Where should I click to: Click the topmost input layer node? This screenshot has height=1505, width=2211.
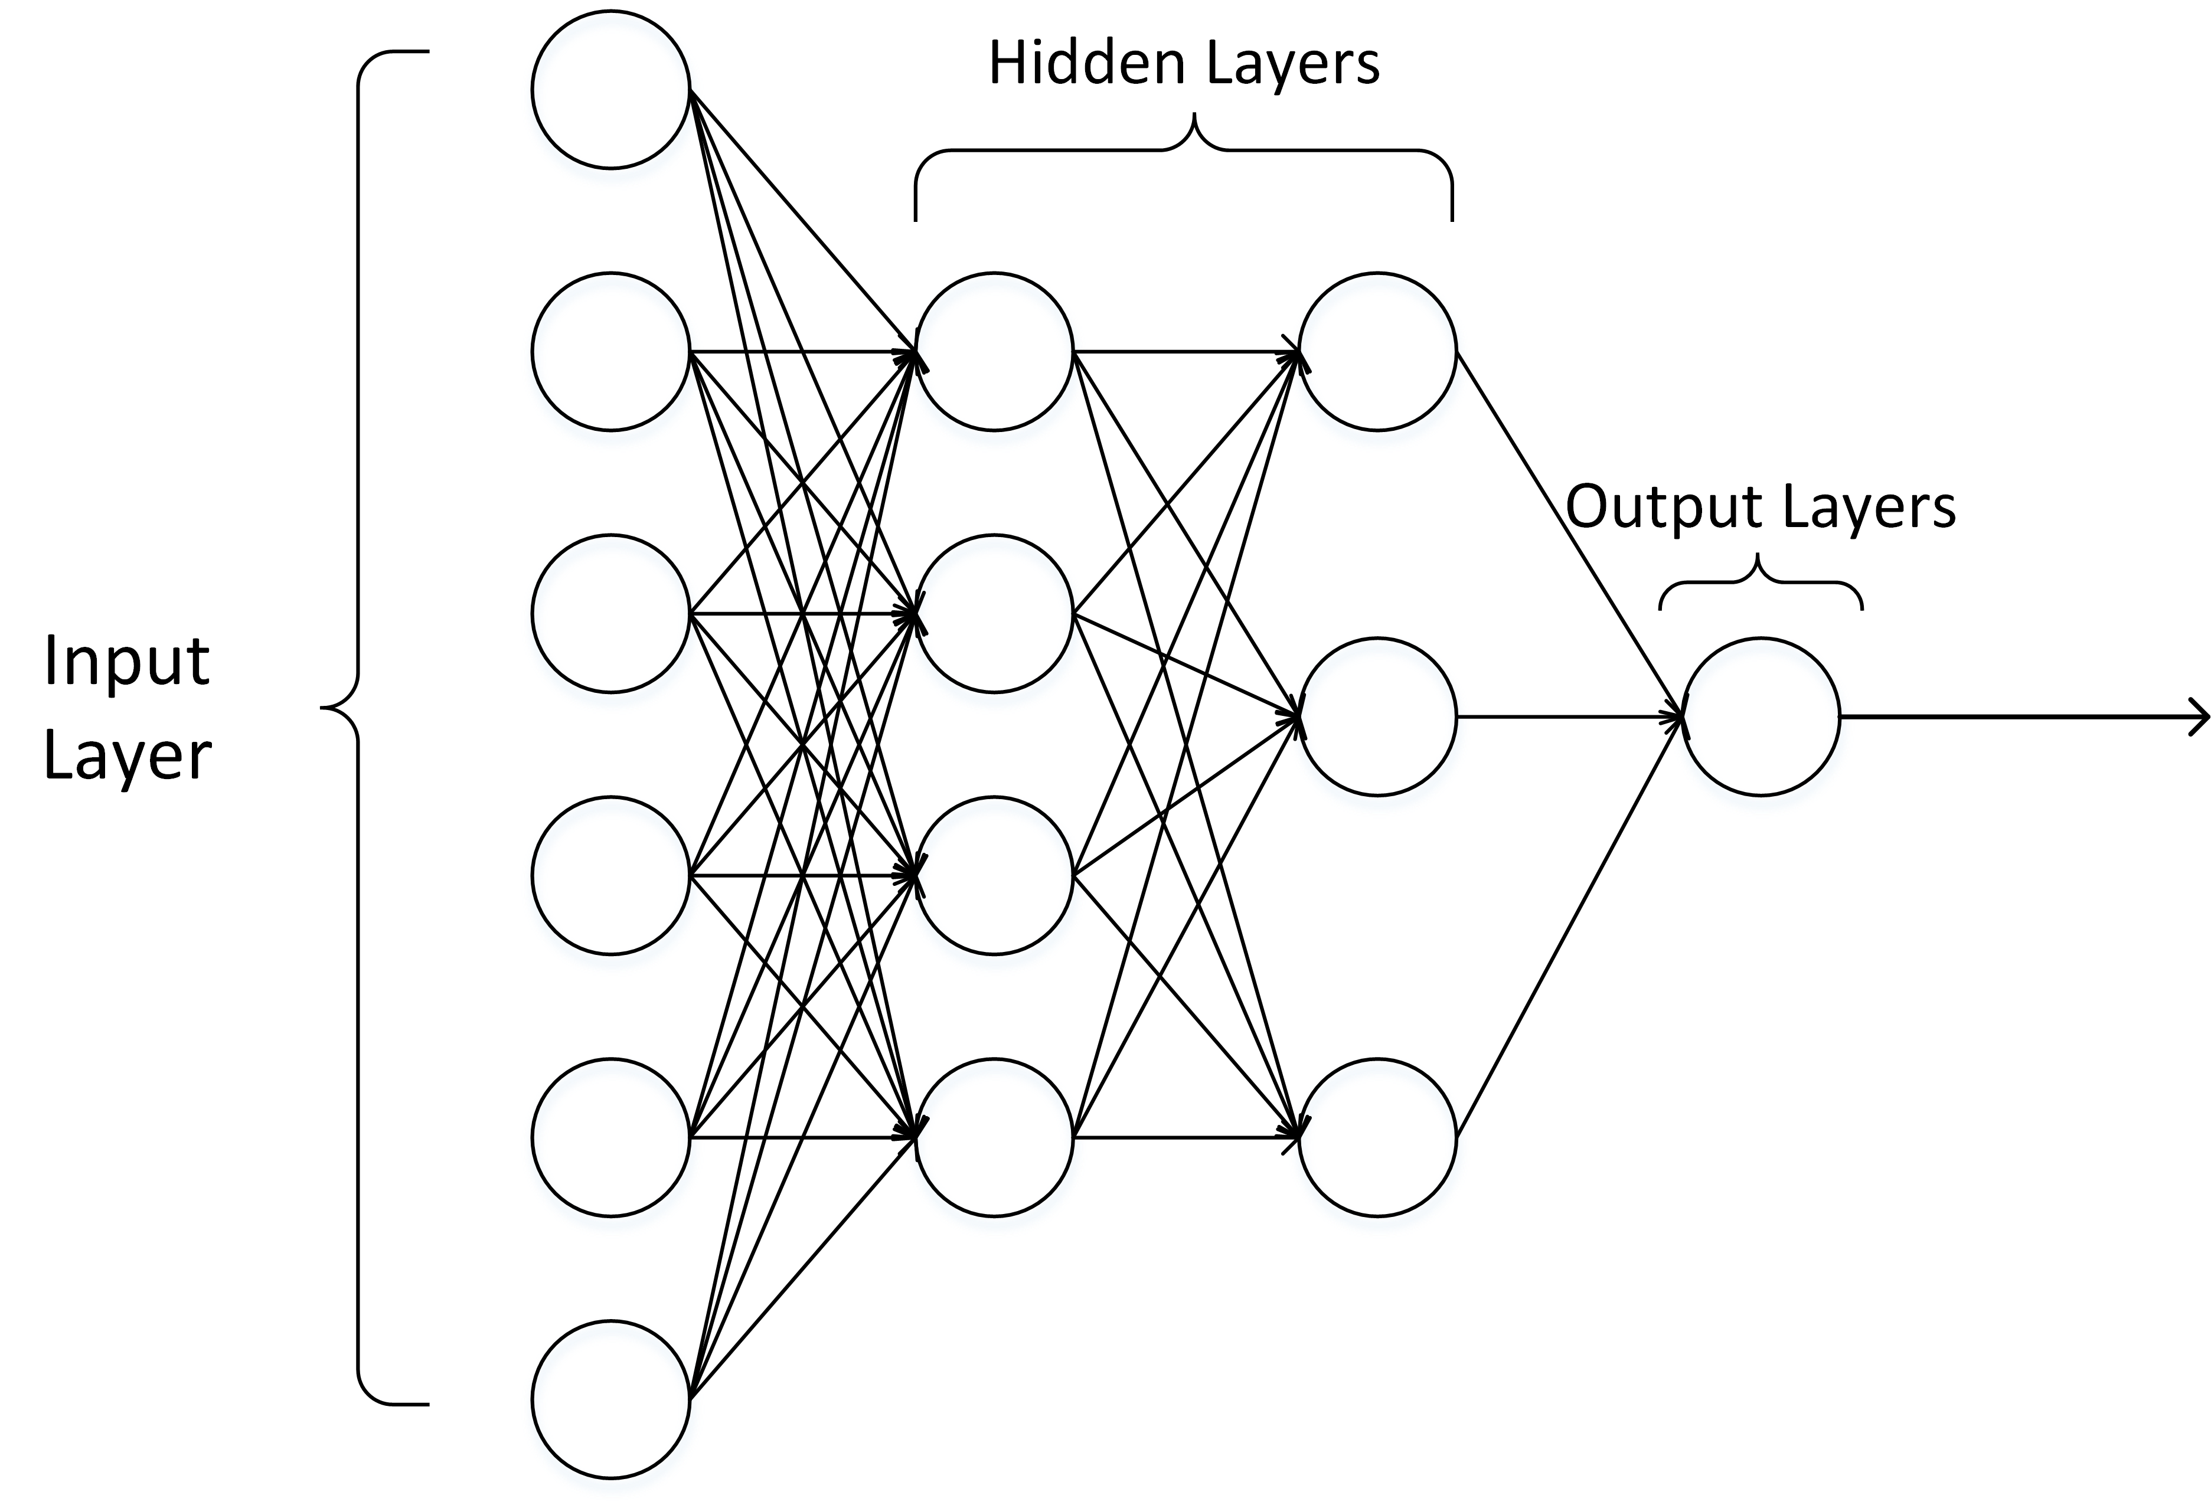(610, 90)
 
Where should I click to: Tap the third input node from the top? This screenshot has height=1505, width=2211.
(610, 614)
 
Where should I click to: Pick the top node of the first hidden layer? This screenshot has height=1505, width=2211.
(994, 352)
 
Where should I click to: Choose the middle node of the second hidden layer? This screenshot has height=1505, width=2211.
(1377, 716)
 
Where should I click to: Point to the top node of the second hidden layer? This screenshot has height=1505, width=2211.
(1377, 352)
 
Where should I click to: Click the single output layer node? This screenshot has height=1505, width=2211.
(1761, 716)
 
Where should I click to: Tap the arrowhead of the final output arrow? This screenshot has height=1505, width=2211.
(2200, 716)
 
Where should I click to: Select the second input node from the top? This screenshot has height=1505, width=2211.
(610, 352)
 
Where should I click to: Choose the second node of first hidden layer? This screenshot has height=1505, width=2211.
(994, 614)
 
